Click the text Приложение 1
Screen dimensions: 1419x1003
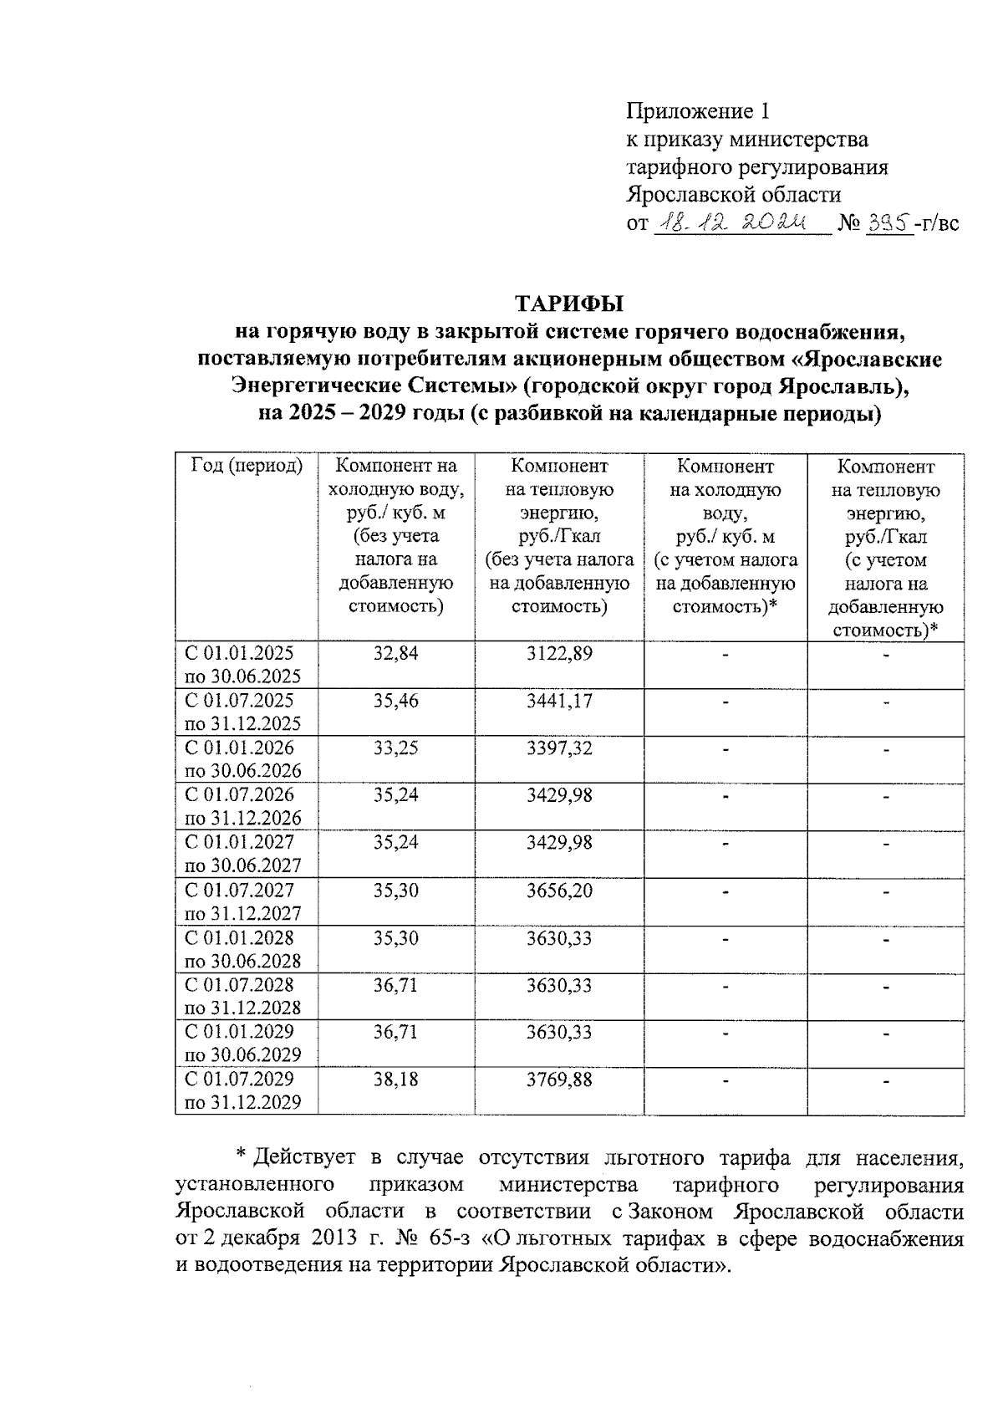(697, 111)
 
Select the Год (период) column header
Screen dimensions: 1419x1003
(247, 467)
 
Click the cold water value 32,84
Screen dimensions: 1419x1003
(395, 653)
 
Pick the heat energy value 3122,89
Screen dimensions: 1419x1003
(559, 653)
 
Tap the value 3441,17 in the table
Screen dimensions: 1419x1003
(559, 701)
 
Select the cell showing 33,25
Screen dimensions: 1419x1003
(395, 748)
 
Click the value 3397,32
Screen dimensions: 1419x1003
(559, 748)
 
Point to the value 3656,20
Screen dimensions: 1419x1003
(559, 891)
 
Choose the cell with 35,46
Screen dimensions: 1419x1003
(395, 701)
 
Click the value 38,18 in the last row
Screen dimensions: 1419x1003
(395, 1080)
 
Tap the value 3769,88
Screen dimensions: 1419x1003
(559, 1080)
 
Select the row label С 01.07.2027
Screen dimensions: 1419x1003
(239, 891)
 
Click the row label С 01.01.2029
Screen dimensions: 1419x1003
(239, 1032)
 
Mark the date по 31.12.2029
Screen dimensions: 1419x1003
(242, 1103)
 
